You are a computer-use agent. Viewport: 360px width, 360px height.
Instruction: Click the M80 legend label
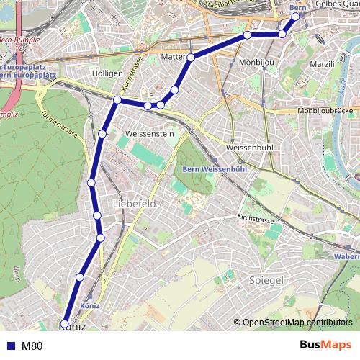(x=32, y=346)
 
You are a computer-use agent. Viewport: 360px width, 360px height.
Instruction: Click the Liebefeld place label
(x=135, y=204)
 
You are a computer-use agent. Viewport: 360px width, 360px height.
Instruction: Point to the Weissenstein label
(x=150, y=134)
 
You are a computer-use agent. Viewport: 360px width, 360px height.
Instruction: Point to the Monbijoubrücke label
(x=328, y=112)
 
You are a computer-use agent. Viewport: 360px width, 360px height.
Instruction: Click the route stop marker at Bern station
(x=295, y=17)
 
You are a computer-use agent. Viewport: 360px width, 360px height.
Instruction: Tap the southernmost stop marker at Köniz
(x=65, y=323)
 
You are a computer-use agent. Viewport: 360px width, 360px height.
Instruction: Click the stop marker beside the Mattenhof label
(x=192, y=57)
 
